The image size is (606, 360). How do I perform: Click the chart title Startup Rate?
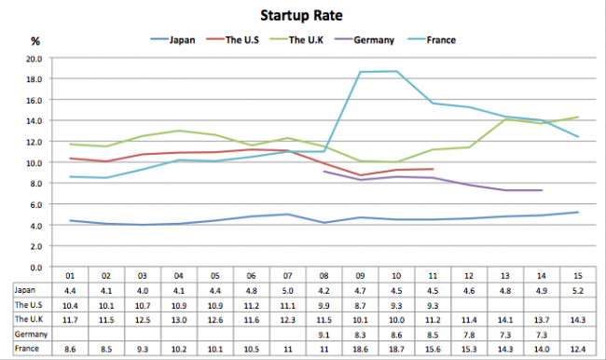(302, 16)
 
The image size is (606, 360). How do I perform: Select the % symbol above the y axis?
(34, 41)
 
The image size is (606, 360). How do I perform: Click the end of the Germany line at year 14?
(541, 190)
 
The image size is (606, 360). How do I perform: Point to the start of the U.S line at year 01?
(70, 159)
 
